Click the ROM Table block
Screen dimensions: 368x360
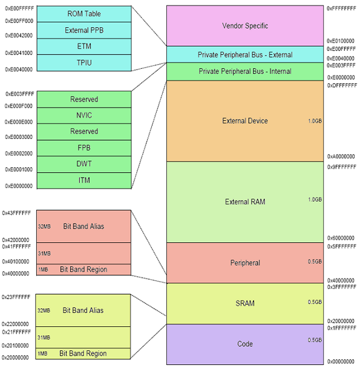[x=83, y=14]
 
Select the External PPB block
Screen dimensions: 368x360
[x=83, y=30]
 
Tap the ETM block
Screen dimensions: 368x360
[x=83, y=46]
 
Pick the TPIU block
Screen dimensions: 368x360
[x=83, y=62]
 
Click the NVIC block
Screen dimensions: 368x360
[x=83, y=115]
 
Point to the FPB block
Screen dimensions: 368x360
[x=83, y=147]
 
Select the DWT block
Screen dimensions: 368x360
[x=83, y=164]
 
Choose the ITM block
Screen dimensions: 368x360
[x=83, y=180]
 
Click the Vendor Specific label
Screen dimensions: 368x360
[x=245, y=26]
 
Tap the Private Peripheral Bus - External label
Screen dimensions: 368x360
[x=245, y=55]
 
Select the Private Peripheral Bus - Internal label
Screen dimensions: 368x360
[x=245, y=71]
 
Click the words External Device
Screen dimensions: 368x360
[x=245, y=121]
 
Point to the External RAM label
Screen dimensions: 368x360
[x=245, y=202]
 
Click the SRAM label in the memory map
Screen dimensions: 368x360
[x=245, y=303]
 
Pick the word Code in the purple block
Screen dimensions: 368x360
[x=245, y=344]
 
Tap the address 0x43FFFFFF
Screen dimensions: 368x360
[x=16, y=213]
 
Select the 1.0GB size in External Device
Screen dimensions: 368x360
[x=315, y=121]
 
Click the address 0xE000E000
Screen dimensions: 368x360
[x=19, y=121]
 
